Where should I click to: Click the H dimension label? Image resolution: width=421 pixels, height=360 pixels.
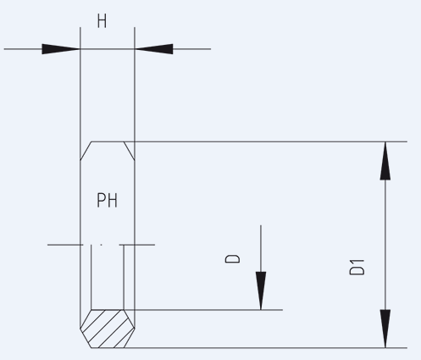pos(102,21)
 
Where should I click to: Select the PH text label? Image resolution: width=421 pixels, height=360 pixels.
pos(107,200)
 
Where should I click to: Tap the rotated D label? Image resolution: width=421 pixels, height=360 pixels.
pos(232,258)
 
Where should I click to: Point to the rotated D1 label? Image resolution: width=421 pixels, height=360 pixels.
pos(357,267)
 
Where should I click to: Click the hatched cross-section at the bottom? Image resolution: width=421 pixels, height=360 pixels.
pos(108,329)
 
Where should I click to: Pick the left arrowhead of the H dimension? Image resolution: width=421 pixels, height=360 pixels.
pos(61,49)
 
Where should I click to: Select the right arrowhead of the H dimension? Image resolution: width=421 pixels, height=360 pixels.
pos(154,49)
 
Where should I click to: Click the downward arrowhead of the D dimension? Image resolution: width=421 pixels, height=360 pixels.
pos(261,291)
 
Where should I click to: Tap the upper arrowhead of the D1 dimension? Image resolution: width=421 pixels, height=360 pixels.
pos(385,161)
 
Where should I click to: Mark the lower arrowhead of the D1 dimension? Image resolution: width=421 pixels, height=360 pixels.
pos(385,329)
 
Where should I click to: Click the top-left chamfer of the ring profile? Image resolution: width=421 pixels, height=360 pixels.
pos(86,151)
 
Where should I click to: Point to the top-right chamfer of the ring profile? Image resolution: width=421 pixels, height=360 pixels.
pos(129,151)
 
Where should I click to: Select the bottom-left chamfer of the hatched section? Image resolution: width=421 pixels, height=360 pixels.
pos(86,338)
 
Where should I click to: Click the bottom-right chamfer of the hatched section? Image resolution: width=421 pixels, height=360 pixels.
pos(130,338)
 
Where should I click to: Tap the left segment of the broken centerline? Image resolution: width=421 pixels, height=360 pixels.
pos(65,245)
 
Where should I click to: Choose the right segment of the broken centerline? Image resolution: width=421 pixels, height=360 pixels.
pos(137,245)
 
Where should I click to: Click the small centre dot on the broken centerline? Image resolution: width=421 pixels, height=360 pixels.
pos(101,245)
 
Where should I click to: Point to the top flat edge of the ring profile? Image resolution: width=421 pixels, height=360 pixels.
pos(108,141)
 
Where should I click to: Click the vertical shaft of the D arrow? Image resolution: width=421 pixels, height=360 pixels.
pos(261,248)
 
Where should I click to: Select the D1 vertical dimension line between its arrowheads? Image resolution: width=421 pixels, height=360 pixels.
pos(385,245)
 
